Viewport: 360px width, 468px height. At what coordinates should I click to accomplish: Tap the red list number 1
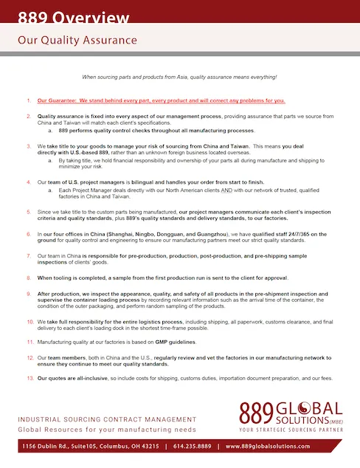tap(29, 100)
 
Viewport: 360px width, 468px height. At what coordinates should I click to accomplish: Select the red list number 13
tap(30, 378)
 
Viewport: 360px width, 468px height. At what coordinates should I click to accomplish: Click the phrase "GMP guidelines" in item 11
tap(163, 344)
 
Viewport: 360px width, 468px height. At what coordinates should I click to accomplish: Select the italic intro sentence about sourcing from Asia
tap(179, 77)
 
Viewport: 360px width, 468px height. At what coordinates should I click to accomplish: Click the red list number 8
tap(30, 277)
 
